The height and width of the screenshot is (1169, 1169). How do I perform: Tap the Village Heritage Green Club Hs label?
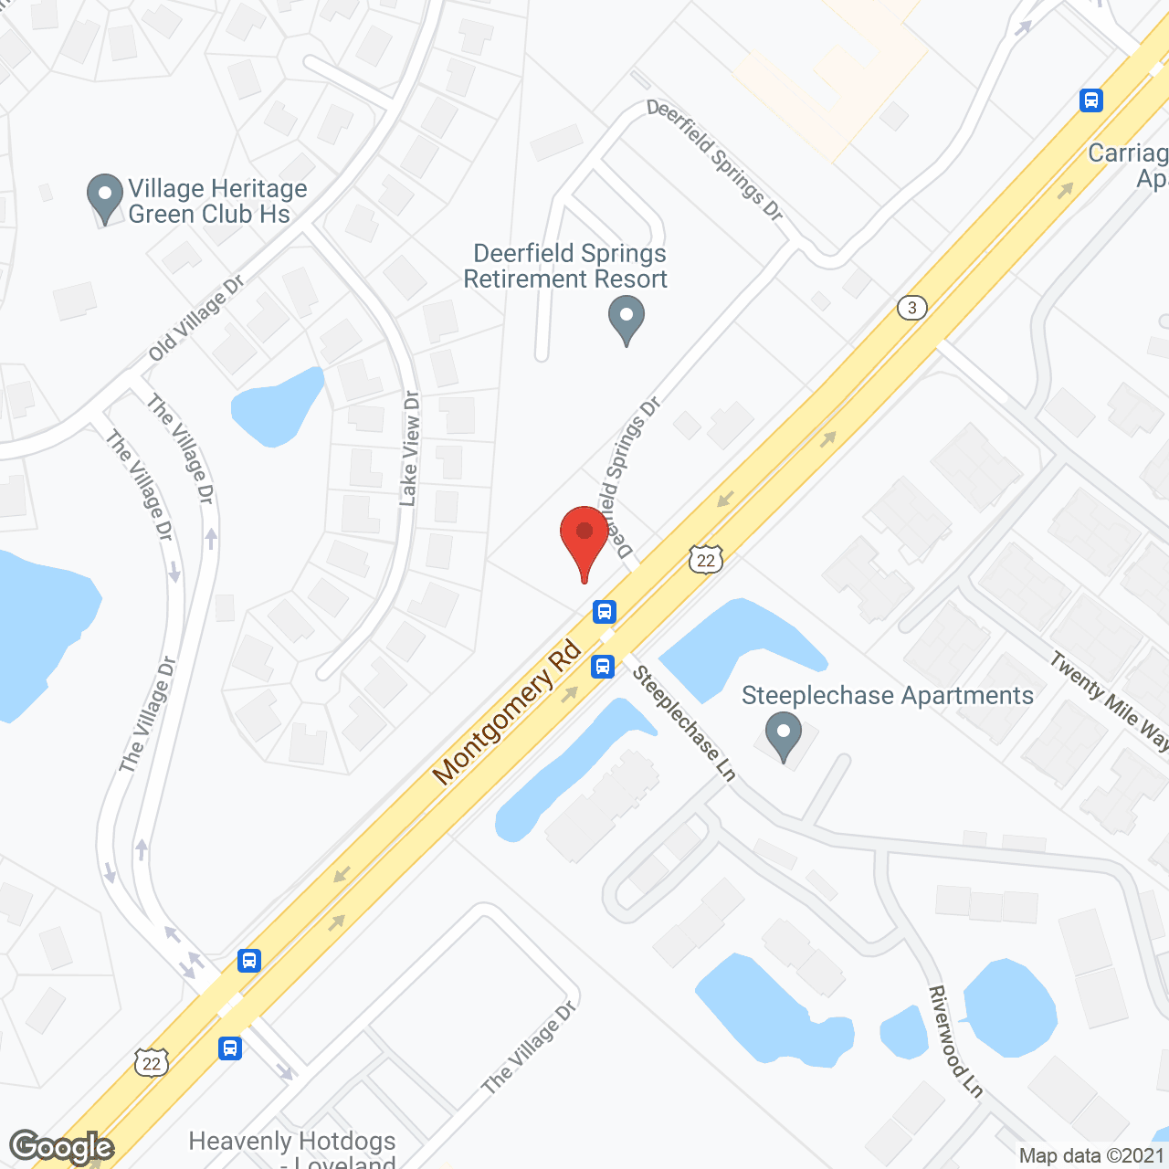pos(217,202)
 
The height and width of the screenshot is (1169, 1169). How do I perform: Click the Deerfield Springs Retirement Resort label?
pos(566,266)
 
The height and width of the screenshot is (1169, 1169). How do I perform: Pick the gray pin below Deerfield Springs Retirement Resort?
pos(627,322)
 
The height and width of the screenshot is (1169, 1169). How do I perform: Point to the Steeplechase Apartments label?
pos(887,696)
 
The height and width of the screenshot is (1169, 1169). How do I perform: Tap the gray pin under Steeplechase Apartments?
pos(783,737)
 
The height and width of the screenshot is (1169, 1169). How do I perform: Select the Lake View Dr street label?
pos(410,448)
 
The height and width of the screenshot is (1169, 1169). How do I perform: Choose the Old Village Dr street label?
pos(196,318)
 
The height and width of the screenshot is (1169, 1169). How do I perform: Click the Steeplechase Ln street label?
pos(684,722)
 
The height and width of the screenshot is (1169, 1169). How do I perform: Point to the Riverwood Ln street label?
pos(955,1041)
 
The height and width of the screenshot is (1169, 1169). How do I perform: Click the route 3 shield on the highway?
pos(911,308)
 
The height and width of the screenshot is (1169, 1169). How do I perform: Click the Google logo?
pos(61,1147)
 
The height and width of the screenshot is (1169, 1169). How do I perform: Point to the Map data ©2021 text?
pos(1091,1156)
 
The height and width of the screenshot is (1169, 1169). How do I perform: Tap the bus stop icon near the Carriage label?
pos(1091,100)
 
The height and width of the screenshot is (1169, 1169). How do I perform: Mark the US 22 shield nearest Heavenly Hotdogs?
pos(152,1062)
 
